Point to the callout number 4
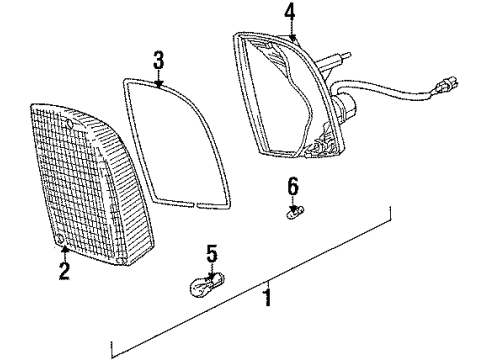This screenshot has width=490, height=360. click(x=289, y=12)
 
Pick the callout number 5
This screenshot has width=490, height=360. click(x=210, y=256)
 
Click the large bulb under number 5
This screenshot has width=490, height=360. click(x=208, y=288)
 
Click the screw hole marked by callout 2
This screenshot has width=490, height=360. click(x=62, y=241)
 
